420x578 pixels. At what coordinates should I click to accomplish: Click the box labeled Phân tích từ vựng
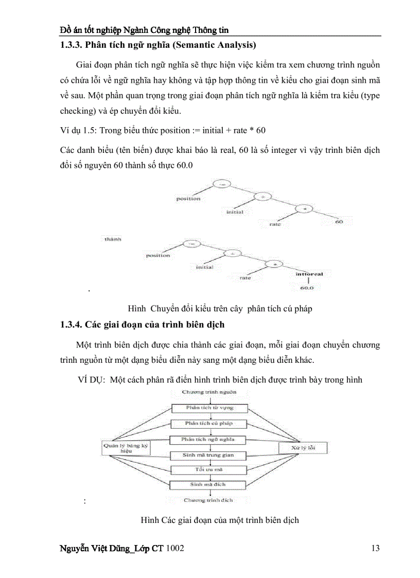coord(209,408)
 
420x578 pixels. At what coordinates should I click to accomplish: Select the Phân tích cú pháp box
coord(209,424)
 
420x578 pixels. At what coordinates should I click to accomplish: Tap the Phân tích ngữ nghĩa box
coord(208,440)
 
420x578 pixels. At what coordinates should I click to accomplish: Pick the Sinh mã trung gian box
coord(208,456)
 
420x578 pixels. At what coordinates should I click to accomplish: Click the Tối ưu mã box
coord(208,470)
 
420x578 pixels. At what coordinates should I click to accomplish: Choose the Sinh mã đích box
coord(208,484)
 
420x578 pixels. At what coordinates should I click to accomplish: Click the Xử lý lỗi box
coord(303,448)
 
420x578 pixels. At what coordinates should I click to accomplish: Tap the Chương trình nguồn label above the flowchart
coord(209,392)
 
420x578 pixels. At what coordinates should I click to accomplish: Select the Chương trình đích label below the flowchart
coord(208,500)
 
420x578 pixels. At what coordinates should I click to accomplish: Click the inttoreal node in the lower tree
coord(309,274)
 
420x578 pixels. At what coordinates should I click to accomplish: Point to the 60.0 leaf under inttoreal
coord(307,288)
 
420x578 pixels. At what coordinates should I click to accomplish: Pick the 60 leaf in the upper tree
coord(339,222)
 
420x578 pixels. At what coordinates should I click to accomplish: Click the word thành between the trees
coord(113,239)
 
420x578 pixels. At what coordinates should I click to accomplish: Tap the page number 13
coord(375,548)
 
